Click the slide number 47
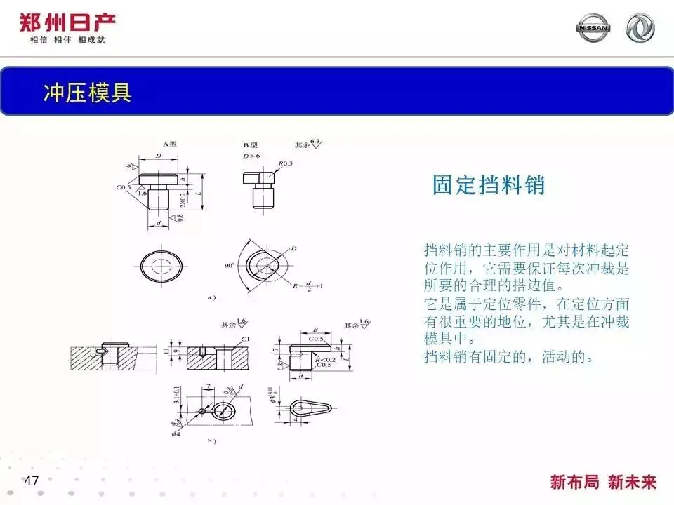pos(31,481)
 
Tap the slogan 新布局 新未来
pos(603,482)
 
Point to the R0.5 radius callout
pos(285,163)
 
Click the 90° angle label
pos(229,266)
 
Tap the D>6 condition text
pos(251,154)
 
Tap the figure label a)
pos(211,297)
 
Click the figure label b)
pos(211,440)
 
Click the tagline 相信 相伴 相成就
pos(67,40)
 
